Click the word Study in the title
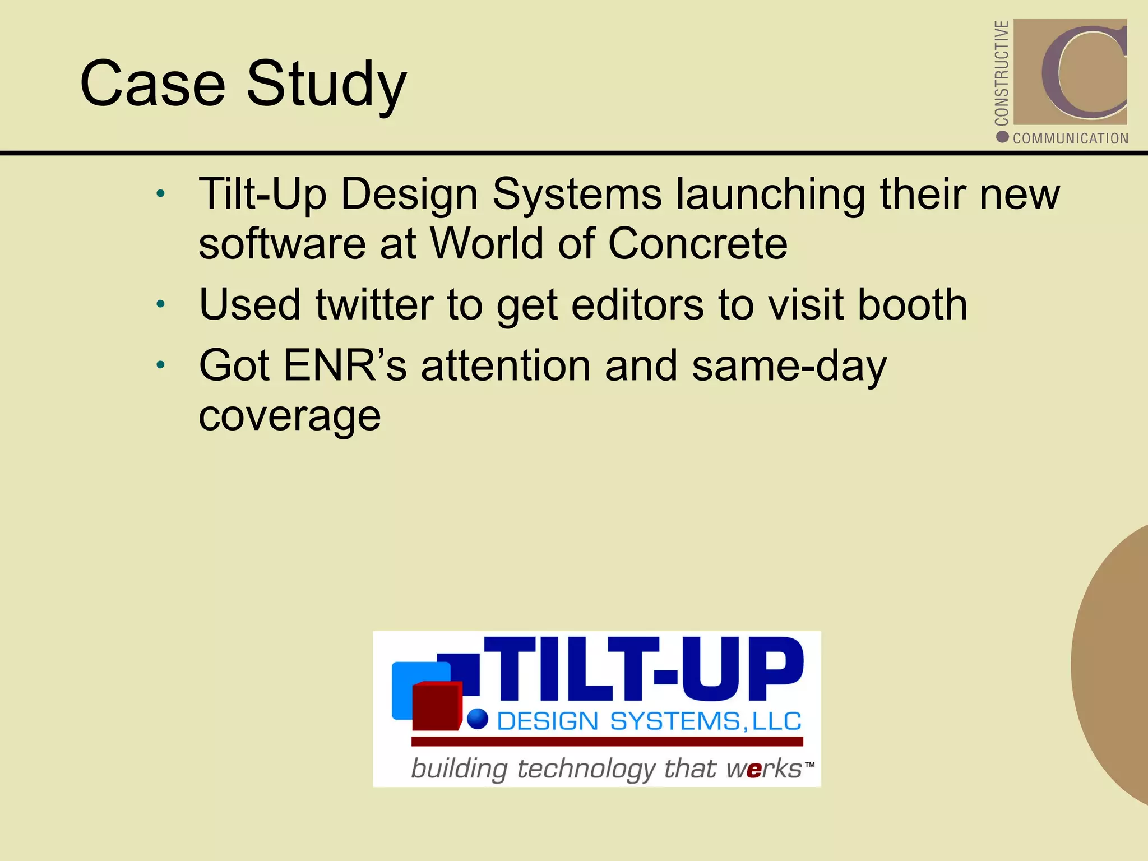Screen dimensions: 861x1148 click(326, 85)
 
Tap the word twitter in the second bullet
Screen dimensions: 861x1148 click(374, 304)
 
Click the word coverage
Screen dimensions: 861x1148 click(290, 416)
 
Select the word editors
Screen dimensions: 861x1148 click(638, 304)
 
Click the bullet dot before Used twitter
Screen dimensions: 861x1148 click(161, 304)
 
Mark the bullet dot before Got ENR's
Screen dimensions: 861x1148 click(161, 365)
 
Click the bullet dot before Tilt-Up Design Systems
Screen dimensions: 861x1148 click(161, 194)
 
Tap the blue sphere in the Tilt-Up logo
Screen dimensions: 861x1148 click(478, 719)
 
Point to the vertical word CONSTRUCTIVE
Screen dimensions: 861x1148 click(1001, 73)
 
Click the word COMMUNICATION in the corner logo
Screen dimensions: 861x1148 click(1070, 138)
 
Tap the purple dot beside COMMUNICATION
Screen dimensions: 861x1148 click(1002, 137)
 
